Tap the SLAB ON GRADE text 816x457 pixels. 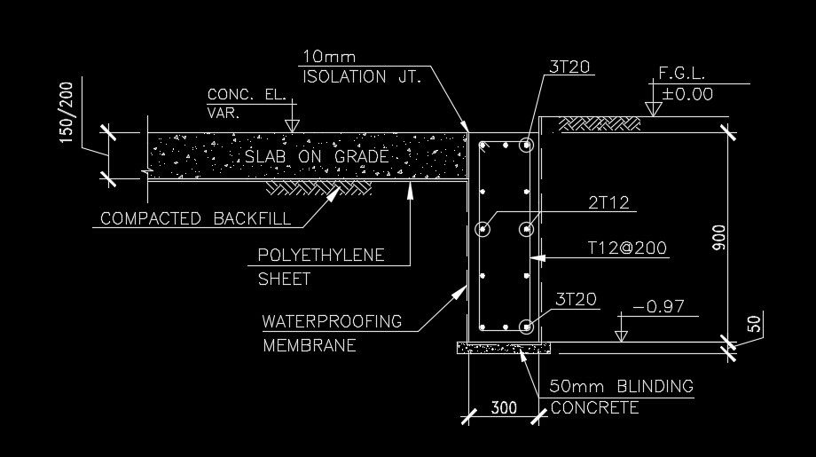pyautogui.click(x=316, y=157)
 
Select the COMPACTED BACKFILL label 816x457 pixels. pyautogui.click(x=194, y=217)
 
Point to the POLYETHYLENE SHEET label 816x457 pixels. pyautogui.click(x=320, y=266)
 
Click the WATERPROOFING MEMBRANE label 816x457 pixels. pyautogui.click(x=332, y=333)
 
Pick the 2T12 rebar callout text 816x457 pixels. pyautogui.click(x=608, y=203)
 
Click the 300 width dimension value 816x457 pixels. pyautogui.click(x=504, y=409)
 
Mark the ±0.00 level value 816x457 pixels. pyautogui.click(x=687, y=94)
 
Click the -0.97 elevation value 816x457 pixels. pyautogui.click(x=659, y=306)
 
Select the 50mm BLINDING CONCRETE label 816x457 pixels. pyautogui.click(x=620, y=397)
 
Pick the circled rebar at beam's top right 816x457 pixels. pyautogui.click(x=526, y=145)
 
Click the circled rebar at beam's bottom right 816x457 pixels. pyautogui.click(x=526, y=325)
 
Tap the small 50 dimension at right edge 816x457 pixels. pyautogui.click(x=754, y=324)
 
